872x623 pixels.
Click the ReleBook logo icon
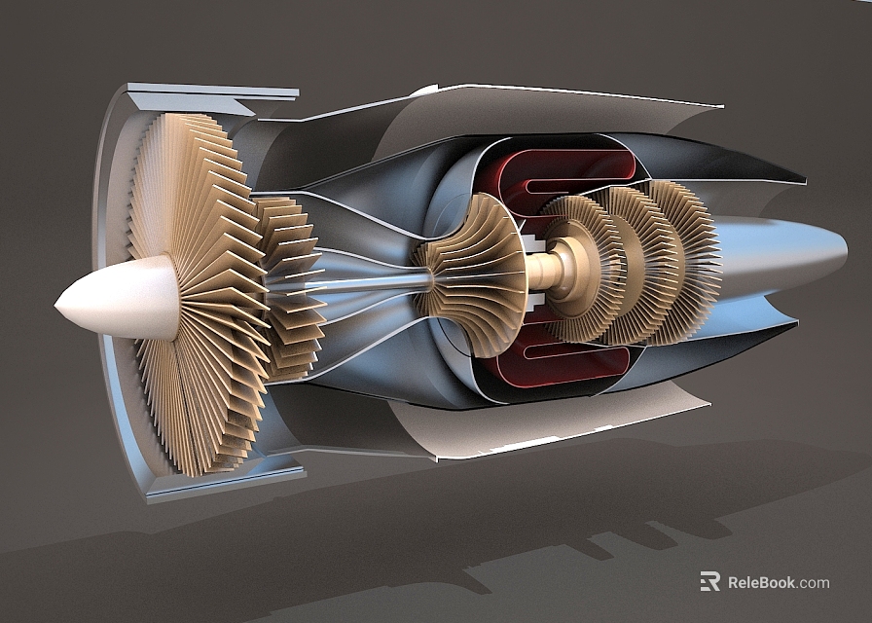coord(709,582)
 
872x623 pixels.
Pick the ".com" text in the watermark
coord(815,583)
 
